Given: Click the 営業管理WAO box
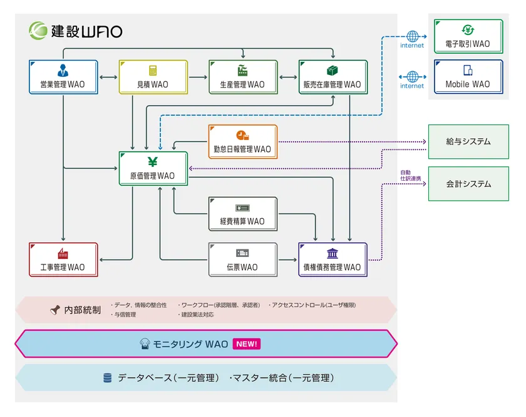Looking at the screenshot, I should pos(63,77).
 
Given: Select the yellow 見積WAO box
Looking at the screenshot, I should pos(153,77).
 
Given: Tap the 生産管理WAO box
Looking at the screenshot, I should pos(243,77).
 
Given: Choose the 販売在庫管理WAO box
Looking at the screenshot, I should pos(333,77).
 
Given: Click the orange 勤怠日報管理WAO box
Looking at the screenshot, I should pos(242,142).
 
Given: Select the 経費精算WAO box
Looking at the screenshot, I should pos(242,214).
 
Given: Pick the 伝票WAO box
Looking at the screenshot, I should pos(242,259).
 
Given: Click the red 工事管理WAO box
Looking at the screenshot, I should pos(63,259).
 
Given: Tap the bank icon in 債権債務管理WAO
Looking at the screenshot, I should pos(332,253).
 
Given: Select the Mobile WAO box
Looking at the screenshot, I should pos(468,77).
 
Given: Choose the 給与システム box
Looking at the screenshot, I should pos(468,142).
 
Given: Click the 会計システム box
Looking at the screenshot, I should pos(468,184).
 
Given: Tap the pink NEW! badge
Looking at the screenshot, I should pos(246,344).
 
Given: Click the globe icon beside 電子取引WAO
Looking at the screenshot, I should pos(412,36).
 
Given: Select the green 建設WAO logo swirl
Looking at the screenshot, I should pos(38,30).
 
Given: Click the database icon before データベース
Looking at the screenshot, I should pos(108,378).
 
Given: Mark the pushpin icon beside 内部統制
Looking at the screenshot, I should pos(55,309).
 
